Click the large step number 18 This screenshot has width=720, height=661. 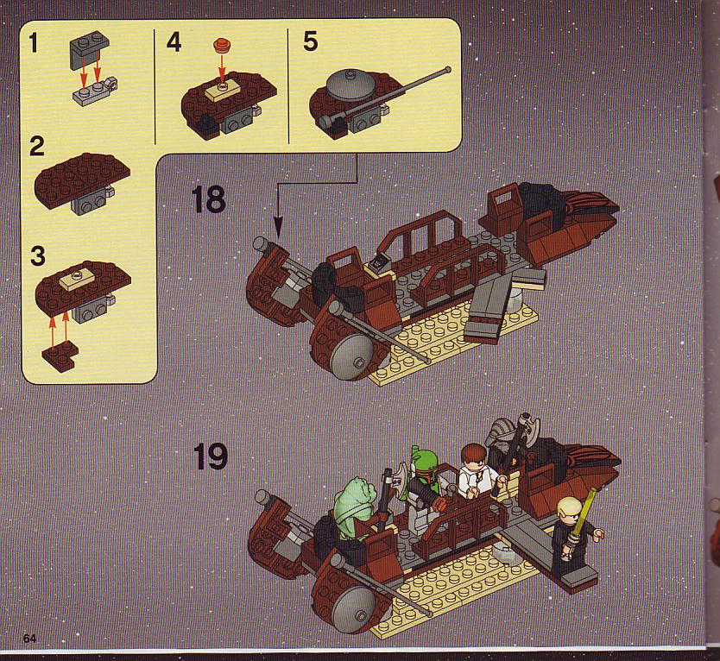208,199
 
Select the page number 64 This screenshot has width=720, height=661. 29,639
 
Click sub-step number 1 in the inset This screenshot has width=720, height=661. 33,44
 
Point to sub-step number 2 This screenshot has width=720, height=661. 36,147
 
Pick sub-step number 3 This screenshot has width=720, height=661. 38,256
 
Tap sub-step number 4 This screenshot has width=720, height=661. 174,42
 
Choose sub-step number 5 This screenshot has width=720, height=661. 310,41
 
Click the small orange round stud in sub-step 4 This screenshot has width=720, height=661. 221,46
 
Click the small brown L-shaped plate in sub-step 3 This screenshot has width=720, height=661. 60,354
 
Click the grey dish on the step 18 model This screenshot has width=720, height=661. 351,356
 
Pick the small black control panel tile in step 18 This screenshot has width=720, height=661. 379,262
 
